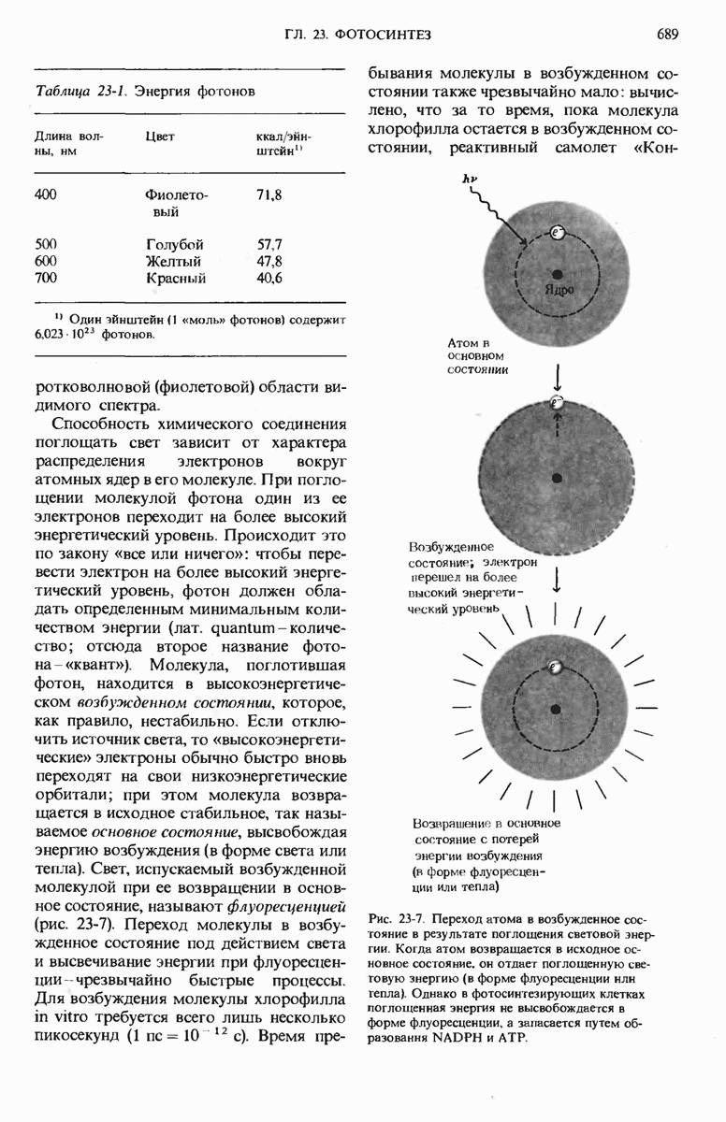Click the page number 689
click(667, 35)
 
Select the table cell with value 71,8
click(269, 194)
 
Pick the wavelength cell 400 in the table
click(46, 194)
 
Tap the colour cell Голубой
click(175, 245)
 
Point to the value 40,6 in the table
click(269, 279)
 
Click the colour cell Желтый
click(174, 262)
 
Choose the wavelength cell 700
click(46, 279)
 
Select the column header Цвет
click(160, 137)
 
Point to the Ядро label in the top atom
click(559, 289)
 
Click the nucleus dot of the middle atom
click(557, 478)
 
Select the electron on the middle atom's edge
click(558, 403)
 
